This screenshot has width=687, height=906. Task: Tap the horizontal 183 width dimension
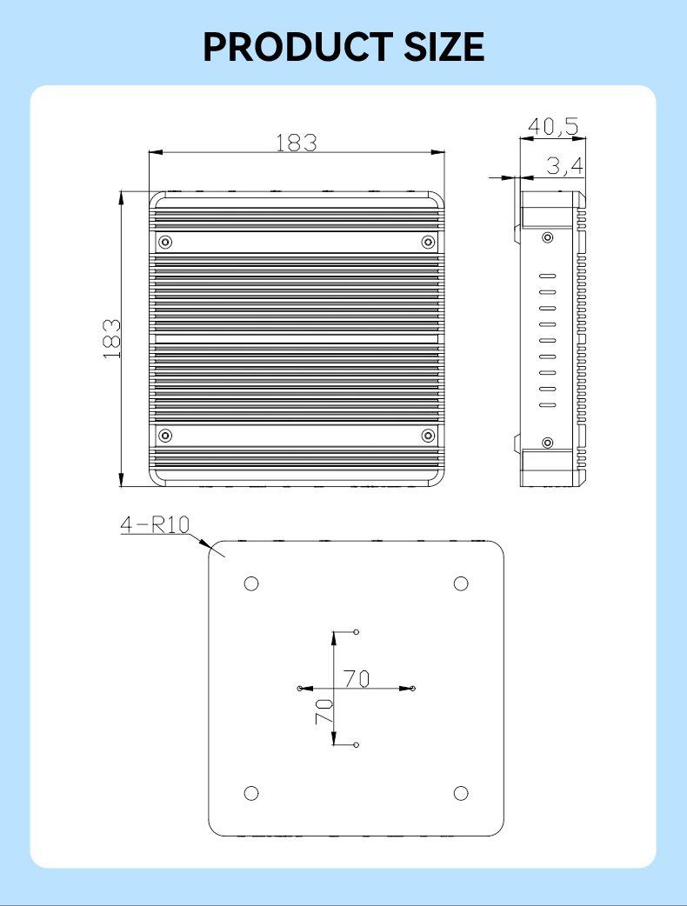297,143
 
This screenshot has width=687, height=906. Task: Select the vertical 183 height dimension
111,338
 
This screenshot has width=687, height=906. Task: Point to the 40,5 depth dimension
553,127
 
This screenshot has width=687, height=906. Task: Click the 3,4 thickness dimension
565,165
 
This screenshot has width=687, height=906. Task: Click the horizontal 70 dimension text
357,678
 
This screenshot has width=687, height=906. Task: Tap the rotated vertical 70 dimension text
323,713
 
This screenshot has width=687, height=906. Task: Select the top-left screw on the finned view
166,242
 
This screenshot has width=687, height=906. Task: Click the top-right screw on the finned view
427,242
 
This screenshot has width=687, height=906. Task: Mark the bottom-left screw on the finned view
166,435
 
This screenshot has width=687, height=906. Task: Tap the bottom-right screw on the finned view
427,435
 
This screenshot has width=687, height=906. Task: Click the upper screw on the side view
547,237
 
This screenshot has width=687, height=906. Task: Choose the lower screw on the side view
547,443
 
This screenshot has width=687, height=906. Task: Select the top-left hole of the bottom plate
251,583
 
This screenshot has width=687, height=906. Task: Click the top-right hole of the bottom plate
462,583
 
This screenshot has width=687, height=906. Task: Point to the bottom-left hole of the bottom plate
251,792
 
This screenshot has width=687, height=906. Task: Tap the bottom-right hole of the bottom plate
462,792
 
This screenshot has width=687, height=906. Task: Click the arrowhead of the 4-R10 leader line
209,545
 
